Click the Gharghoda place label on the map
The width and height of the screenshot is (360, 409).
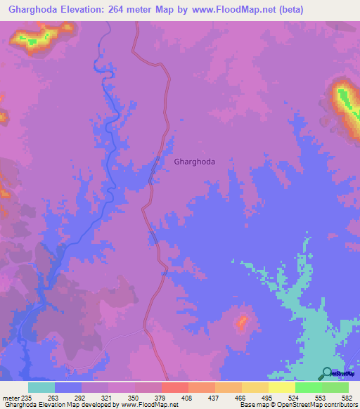pyautogui.click(x=194, y=161)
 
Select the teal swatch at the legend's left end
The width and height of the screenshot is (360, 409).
pyautogui.click(x=41, y=387)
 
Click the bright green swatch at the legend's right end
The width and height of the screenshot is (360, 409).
pyautogui.click(x=335, y=387)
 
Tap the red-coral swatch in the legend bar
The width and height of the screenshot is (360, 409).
pyautogui.click(x=174, y=387)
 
